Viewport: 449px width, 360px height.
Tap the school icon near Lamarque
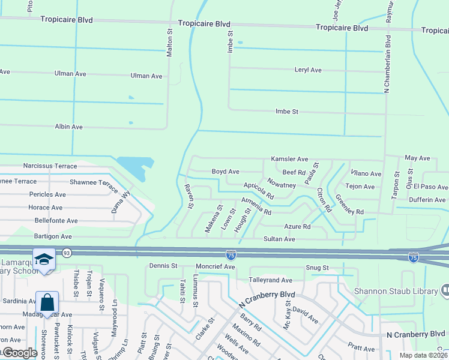click(x=44, y=259)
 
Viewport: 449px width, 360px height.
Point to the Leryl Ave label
click(x=308, y=70)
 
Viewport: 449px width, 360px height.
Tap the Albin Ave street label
click(x=69, y=127)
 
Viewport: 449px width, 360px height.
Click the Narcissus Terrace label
click(x=50, y=166)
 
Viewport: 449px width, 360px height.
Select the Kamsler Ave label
click(x=289, y=160)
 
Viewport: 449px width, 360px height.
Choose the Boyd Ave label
click(x=226, y=172)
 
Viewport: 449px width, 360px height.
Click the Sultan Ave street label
click(x=280, y=239)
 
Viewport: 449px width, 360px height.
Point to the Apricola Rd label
click(x=259, y=191)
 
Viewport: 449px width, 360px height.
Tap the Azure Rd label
click(x=297, y=227)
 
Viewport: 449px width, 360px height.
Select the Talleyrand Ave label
click(x=270, y=280)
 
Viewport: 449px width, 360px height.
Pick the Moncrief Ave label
click(x=214, y=266)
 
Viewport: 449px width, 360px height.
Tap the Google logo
click(x=20, y=353)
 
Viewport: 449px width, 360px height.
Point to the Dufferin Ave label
click(x=427, y=200)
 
